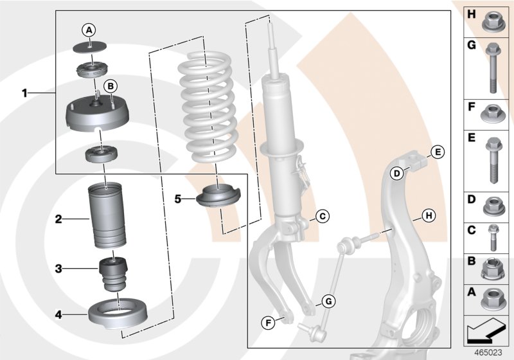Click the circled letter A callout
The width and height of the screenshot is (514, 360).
pos(89,29)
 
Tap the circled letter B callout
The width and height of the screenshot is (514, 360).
pos(110,85)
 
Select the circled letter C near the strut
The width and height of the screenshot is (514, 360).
pos(323,216)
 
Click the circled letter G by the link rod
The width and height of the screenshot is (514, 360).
pos(327,300)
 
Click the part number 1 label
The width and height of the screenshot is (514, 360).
pos(25,93)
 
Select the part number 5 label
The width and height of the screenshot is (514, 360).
pos(178,199)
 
